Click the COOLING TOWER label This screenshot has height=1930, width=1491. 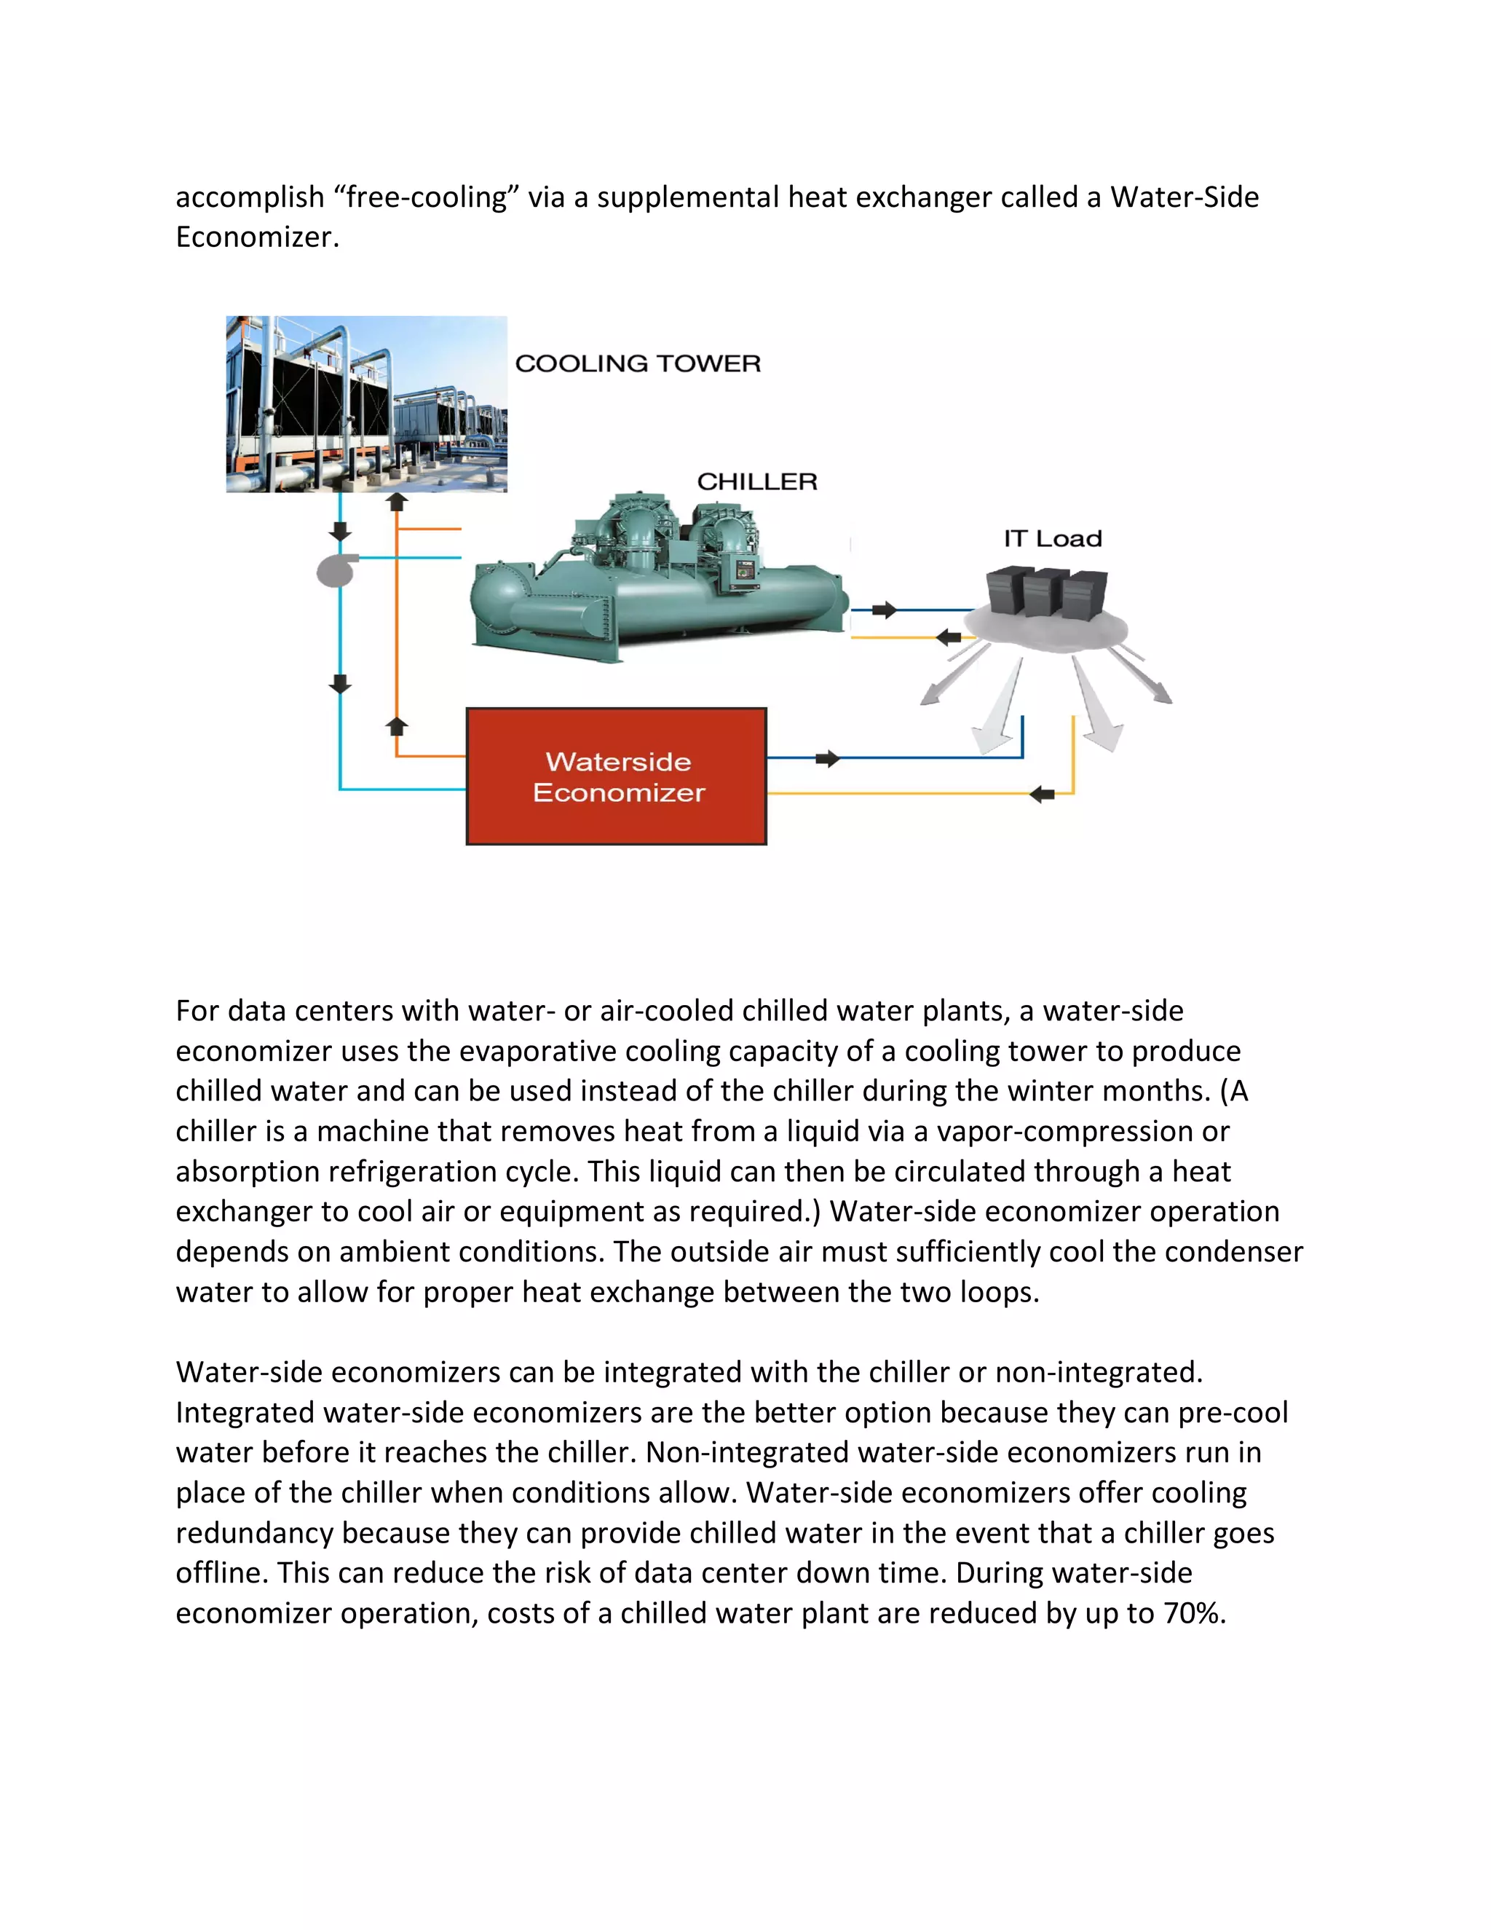pos(637,363)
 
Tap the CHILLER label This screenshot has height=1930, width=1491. pos(757,481)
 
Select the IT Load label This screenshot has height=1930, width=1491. pos(1052,538)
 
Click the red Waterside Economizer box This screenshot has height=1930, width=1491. pos(616,776)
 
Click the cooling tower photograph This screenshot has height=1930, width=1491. pos(367,404)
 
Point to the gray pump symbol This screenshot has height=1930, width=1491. pos(337,570)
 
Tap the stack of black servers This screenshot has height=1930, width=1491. pos(1047,593)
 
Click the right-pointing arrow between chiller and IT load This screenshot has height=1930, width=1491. pos(884,610)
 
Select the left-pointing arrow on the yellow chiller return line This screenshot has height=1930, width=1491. pos(949,637)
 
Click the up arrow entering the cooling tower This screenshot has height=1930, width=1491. pos(398,502)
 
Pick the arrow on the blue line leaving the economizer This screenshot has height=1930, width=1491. pos(828,758)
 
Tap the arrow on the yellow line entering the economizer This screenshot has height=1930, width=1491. pos(1043,794)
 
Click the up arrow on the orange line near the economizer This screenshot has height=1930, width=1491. pos(398,726)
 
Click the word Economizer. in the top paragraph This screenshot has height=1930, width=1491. pos(257,237)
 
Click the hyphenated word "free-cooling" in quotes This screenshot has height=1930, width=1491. pos(427,197)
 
